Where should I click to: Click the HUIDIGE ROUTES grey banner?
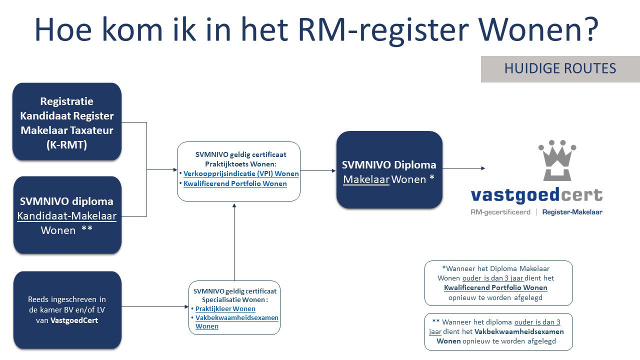(560, 69)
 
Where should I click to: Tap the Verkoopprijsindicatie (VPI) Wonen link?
(241, 173)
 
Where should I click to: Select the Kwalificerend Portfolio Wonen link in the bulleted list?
(235, 183)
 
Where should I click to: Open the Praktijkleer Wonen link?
(225, 309)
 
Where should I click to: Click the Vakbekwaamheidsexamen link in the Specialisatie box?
(236, 317)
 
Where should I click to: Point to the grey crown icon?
(557, 160)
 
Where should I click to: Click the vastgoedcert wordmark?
(536, 195)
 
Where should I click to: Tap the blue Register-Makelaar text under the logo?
(572, 212)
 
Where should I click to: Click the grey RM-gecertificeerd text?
(500, 212)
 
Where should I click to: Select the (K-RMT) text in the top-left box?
(66, 145)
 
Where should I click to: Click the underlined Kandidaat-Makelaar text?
(67, 216)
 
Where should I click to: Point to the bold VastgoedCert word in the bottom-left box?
(74, 320)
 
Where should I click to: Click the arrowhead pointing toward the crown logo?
(483, 168)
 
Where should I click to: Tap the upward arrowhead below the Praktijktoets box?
(234, 205)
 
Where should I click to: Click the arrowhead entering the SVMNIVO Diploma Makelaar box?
(333, 171)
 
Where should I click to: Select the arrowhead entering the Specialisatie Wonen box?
(186, 307)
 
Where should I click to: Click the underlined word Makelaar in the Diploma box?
(366, 179)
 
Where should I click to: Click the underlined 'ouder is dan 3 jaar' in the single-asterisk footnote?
(493, 278)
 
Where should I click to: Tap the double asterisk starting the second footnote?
(435, 321)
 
